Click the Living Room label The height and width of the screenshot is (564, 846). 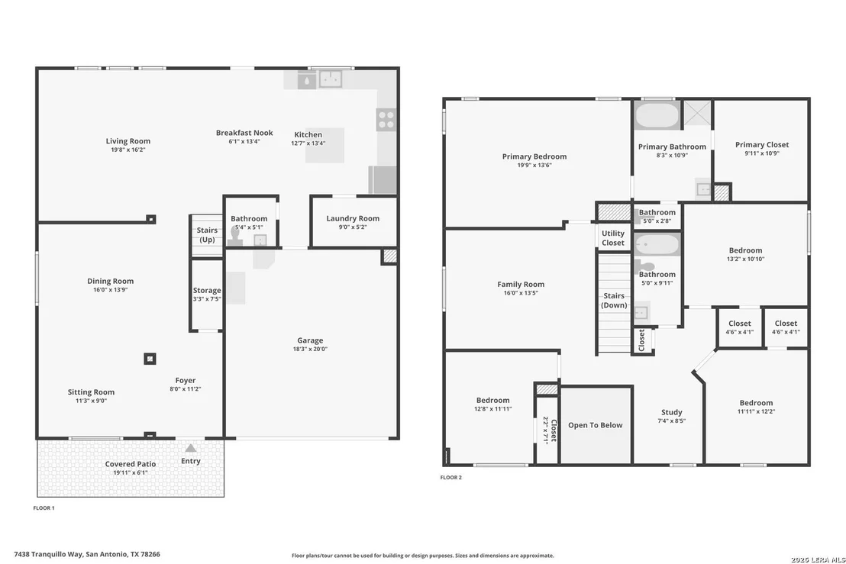128,141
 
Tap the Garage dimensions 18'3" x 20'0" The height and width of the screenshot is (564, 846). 310,349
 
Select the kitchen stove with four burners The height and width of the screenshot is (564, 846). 386,120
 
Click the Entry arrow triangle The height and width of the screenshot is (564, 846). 190,448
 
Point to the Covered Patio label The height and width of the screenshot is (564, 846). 131,464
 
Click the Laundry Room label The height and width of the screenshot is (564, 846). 353,218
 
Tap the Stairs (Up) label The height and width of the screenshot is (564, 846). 207,234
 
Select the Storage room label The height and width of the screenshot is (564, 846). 207,290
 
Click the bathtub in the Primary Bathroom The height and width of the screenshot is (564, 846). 657,114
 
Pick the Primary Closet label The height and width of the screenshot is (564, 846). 762,144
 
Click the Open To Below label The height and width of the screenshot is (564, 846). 595,425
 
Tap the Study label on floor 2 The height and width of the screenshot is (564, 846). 672,412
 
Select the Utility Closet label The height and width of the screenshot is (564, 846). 613,238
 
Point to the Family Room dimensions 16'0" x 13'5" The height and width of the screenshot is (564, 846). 521,293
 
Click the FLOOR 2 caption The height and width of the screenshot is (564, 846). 451,477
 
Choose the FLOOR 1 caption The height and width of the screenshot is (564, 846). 44,508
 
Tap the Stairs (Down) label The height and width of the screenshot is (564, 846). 614,301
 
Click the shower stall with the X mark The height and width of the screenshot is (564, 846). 696,113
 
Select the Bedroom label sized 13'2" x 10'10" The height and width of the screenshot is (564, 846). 746,250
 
